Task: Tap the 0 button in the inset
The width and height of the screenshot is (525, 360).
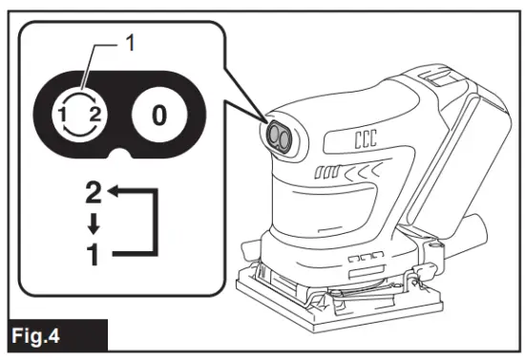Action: point(158,116)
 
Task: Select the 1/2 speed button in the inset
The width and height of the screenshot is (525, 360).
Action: point(75,116)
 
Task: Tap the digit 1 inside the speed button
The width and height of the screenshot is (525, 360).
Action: point(64,116)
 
